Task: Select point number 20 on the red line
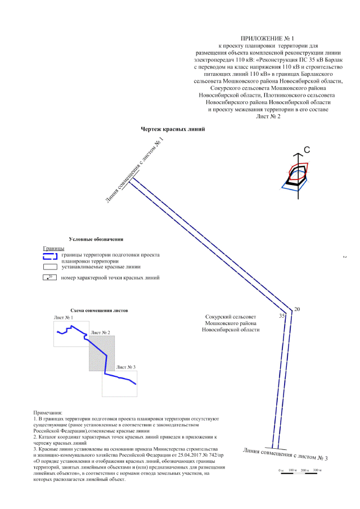pos(297,309)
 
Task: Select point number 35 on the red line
pos(282,317)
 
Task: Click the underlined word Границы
pos(53,248)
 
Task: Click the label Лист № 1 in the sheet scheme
pos(64,318)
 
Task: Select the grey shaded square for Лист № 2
pos(102,353)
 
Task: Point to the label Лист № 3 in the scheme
pos(125,367)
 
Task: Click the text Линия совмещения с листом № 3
pos(285,454)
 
